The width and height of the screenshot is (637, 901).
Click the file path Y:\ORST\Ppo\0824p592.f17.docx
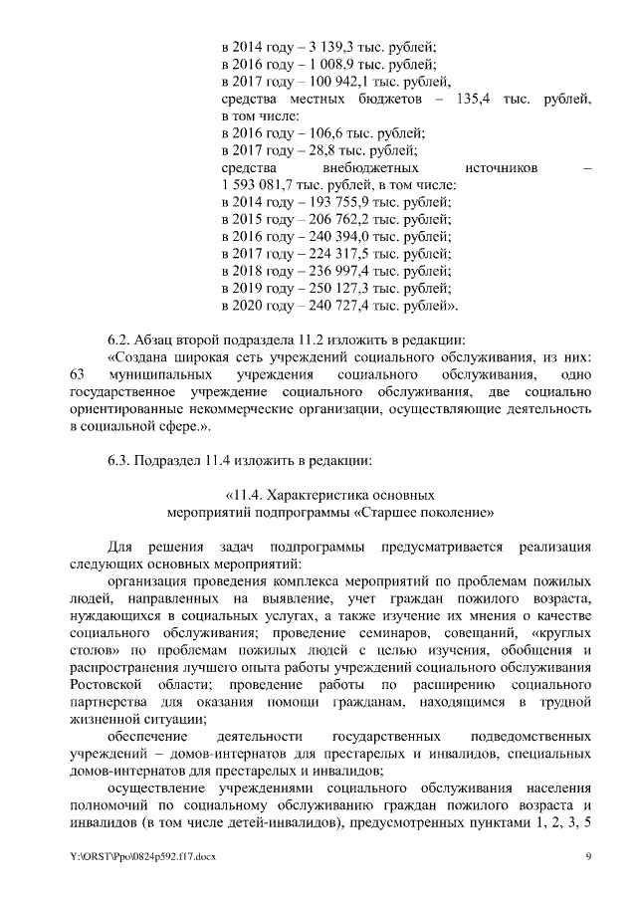pos(143,856)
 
